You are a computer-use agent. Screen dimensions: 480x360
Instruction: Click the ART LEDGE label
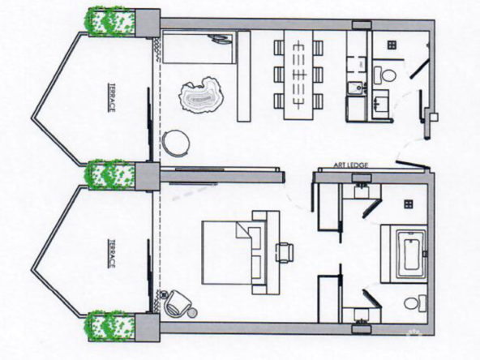[350, 165]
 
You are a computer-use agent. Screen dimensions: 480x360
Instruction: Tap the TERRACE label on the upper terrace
[112, 97]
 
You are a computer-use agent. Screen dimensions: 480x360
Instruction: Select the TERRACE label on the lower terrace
[112, 254]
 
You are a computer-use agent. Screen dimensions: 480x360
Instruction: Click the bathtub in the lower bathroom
[411, 254]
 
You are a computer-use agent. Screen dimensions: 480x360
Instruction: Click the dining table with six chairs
[298, 75]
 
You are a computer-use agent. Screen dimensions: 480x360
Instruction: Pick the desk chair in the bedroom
[285, 252]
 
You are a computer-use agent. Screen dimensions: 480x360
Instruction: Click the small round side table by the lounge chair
[192, 313]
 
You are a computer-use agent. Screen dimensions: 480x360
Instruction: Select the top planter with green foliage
[111, 22]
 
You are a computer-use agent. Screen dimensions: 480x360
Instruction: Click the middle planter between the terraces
[110, 174]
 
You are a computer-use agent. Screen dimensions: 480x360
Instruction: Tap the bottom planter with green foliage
[110, 325]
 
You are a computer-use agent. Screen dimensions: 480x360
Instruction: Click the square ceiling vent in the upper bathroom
[392, 45]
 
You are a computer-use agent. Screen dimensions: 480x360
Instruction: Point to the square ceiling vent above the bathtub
[408, 204]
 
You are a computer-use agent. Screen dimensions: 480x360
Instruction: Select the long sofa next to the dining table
[244, 76]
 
